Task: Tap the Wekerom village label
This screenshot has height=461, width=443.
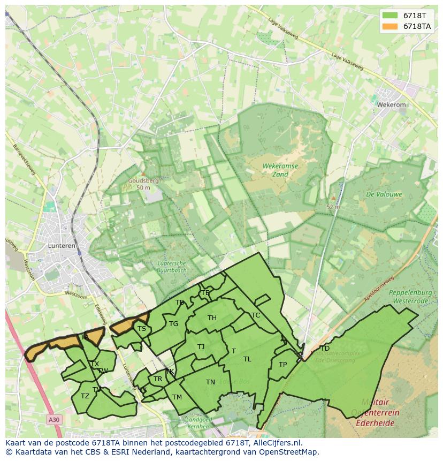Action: pos(391,105)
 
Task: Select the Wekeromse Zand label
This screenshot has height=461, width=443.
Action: pos(280,170)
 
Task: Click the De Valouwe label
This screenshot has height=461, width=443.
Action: pos(384,194)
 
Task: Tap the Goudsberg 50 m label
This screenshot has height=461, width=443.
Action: pos(143,184)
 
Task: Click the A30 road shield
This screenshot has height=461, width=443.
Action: pos(53,420)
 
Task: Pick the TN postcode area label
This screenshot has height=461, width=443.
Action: pos(210,382)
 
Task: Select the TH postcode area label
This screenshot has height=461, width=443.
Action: pos(212,318)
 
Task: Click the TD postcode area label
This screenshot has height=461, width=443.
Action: pos(324,349)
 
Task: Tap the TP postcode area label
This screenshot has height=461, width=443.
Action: pos(282,365)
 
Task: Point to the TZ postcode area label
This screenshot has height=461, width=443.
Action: pos(85,396)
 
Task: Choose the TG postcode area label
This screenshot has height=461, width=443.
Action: pos(173,324)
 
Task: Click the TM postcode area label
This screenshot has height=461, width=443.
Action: pos(177,397)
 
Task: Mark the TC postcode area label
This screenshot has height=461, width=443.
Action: pos(256,315)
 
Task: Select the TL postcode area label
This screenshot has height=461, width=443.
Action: pos(247,359)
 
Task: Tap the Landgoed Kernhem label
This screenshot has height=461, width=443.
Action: pos(199,423)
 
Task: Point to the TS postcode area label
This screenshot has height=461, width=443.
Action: pos(141,329)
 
